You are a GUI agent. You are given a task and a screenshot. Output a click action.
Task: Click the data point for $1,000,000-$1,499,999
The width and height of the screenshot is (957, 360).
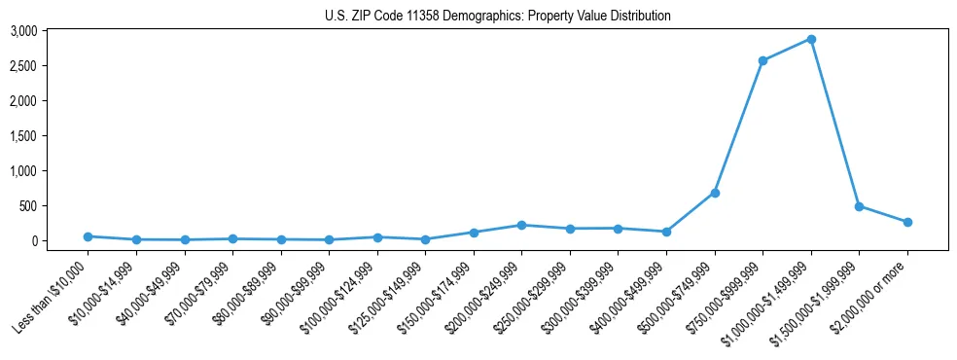click(810, 40)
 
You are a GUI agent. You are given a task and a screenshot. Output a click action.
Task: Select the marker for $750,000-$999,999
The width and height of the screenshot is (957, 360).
click(762, 61)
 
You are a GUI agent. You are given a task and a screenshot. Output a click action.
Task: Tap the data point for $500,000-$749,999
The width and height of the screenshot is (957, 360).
click(715, 193)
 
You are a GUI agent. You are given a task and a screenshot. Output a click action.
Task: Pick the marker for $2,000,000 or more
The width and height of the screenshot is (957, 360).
click(907, 222)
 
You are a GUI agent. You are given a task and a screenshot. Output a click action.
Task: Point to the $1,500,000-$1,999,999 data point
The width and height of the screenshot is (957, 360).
click(859, 206)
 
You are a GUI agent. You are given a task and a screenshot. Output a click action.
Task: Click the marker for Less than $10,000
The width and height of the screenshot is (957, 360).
click(88, 236)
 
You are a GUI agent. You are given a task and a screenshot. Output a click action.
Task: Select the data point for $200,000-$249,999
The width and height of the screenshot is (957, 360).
click(522, 225)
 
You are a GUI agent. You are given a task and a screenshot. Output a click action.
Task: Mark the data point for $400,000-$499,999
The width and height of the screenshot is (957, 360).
click(666, 232)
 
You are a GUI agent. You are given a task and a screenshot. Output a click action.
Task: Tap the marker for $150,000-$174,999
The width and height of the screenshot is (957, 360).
click(474, 233)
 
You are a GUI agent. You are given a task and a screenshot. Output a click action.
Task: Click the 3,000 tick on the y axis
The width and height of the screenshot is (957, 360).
click(23, 31)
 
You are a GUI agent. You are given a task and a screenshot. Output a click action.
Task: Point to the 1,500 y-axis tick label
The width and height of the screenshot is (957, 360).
click(23, 136)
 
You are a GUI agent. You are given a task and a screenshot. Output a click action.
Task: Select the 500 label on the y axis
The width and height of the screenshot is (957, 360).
click(27, 206)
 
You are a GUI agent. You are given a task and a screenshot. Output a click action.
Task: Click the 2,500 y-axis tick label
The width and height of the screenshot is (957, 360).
click(23, 66)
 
